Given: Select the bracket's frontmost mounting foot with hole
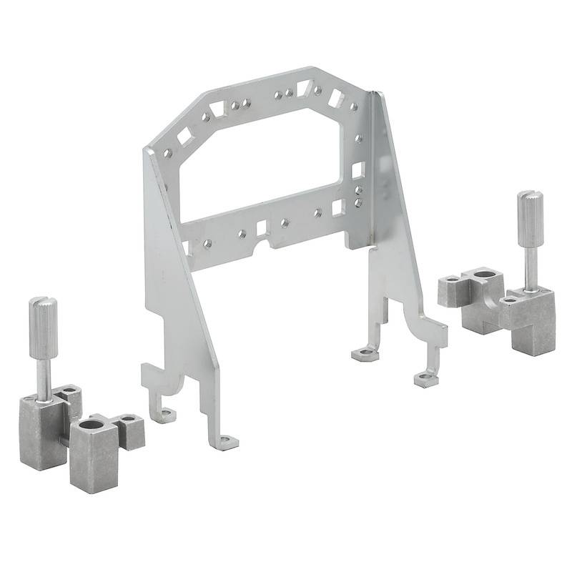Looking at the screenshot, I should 227,443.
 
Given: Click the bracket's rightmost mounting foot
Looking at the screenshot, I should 425,380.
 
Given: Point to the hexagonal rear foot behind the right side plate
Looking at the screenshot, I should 365,352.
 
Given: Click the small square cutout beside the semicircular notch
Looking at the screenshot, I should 261,227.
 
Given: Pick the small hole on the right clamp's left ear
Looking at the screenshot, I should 452,280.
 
